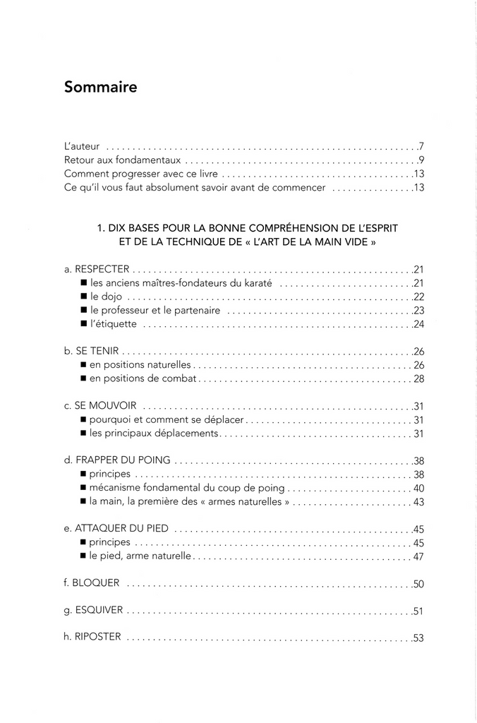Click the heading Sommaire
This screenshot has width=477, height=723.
tap(100, 88)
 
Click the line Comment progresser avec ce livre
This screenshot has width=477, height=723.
tap(142, 174)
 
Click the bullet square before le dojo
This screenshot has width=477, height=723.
tap(83, 297)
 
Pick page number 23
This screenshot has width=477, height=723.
tap(418, 311)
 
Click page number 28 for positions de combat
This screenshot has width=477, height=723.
tap(418, 379)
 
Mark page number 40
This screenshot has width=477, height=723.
tap(418, 488)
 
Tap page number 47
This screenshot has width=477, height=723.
tap(418, 556)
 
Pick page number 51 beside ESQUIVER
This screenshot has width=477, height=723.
tap(418, 611)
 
